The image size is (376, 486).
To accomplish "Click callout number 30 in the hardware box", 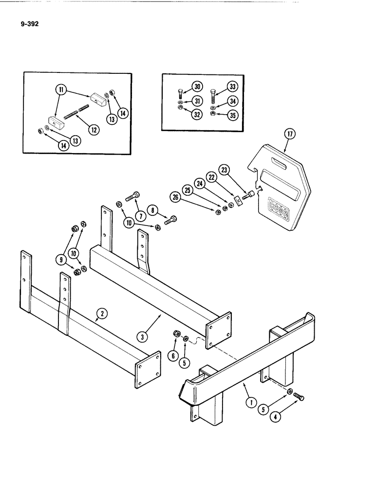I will click(197, 87).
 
